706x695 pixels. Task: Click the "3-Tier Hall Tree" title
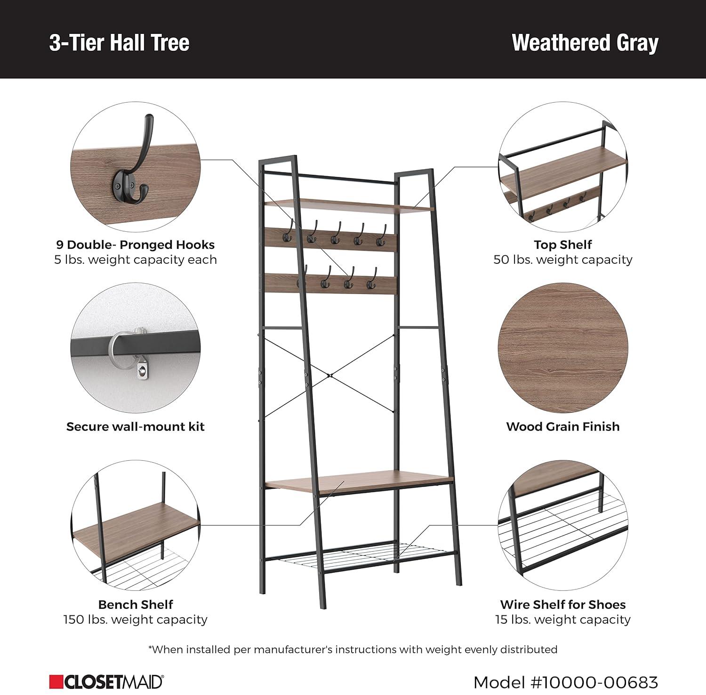click(119, 42)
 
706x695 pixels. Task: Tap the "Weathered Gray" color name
click(585, 42)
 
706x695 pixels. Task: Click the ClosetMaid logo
click(106, 682)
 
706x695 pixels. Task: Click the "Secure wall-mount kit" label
click(136, 426)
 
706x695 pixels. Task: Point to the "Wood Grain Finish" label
click(562, 426)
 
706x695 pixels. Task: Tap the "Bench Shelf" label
click(136, 605)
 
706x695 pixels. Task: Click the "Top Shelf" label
click(562, 245)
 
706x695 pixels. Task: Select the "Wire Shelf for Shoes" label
click(562, 605)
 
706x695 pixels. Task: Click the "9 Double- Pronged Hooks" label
click(136, 245)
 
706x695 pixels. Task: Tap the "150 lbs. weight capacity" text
click(136, 619)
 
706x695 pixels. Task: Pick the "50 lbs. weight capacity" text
click(562, 260)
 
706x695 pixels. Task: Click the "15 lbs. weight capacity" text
click(562, 619)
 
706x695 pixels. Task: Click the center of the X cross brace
click(330, 376)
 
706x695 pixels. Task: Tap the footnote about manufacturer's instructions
click(353, 649)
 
